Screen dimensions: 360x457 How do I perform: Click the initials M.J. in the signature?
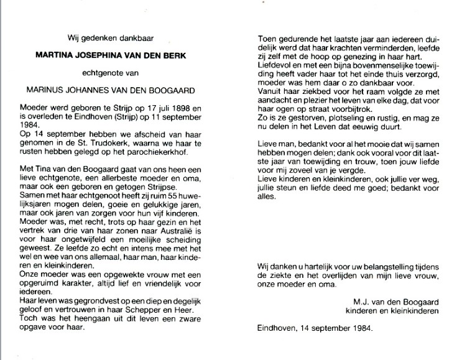click(359, 301)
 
